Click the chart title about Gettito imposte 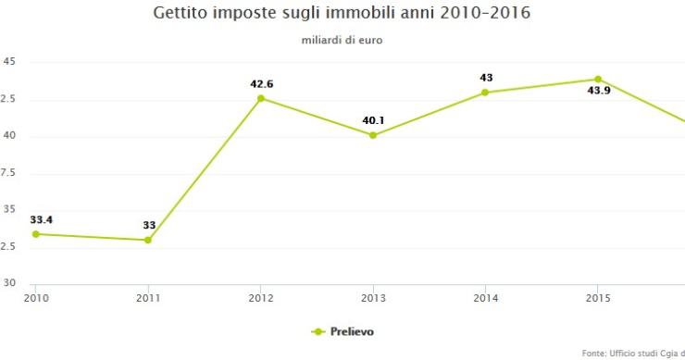pos(342,15)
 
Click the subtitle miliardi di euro pos(342,41)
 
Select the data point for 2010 pos(36,234)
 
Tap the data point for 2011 pos(148,241)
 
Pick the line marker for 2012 pos(261,98)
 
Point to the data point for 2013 pos(373,135)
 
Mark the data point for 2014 pos(485,93)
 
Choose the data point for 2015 pos(598,80)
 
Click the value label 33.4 pos(41,219)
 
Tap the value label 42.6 pos(262,84)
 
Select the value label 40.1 pos(374,120)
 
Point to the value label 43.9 pos(599,92)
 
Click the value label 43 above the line pos(486,78)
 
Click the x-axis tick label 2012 pos(261,297)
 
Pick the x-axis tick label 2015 pos(598,297)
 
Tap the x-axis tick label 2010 pos(36,297)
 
